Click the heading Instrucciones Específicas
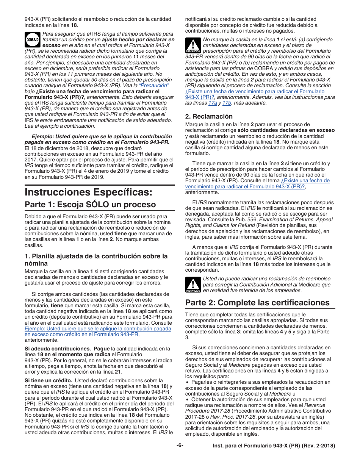88,192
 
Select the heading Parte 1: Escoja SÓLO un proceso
90,205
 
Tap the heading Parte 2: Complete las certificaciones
257,303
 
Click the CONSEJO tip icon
32,39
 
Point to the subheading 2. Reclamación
209,116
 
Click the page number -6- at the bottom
180,446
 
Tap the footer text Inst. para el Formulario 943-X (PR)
273,446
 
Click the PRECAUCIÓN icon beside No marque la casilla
193,46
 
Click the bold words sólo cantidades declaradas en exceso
292,130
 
